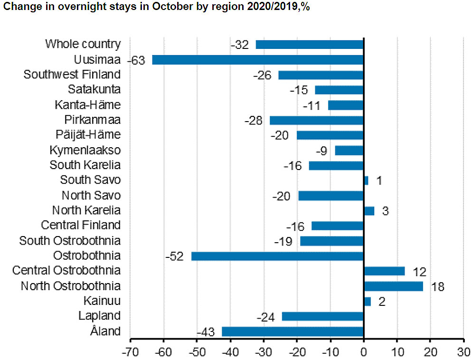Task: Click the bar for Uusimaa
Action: (x=257, y=60)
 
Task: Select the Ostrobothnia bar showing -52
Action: (x=277, y=256)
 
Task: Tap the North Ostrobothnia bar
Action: (x=393, y=286)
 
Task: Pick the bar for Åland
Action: (x=293, y=332)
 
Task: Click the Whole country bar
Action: (x=309, y=45)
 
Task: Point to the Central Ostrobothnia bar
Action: (x=384, y=271)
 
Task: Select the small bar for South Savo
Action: (x=366, y=180)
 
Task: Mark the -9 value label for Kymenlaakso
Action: (x=321, y=151)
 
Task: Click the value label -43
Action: (x=206, y=332)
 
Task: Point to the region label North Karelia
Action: (x=86, y=210)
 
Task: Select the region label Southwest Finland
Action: (x=72, y=75)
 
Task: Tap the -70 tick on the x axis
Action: (x=130, y=352)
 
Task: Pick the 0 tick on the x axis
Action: (x=364, y=352)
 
